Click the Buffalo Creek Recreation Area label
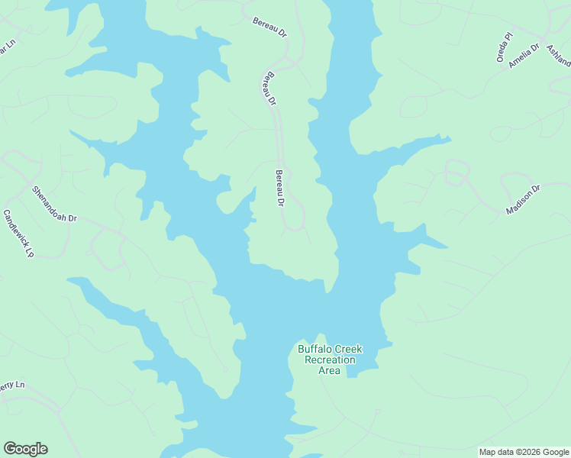click(330, 360)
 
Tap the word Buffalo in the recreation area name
click(314, 350)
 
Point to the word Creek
click(347, 350)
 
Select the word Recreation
click(330, 360)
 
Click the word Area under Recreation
click(329, 370)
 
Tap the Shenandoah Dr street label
click(54, 204)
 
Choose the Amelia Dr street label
click(524, 56)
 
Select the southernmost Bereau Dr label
click(279, 188)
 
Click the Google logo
click(25, 449)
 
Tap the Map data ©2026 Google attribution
click(524, 452)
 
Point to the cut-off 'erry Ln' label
click(12, 386)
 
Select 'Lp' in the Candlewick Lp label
click(30, 250)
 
